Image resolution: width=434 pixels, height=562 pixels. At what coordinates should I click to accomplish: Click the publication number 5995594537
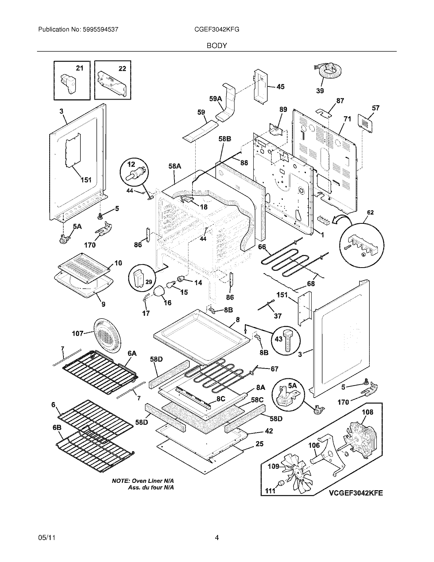[x=101, y=30]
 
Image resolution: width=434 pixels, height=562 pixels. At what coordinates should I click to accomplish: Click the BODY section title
[x=217, y=46]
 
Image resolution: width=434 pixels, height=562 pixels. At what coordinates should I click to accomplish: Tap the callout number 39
[x=320, y=91]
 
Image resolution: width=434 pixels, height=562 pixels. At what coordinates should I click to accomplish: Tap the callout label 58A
[x=175, y=167]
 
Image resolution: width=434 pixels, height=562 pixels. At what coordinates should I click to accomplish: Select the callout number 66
[x=262, y=247]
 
